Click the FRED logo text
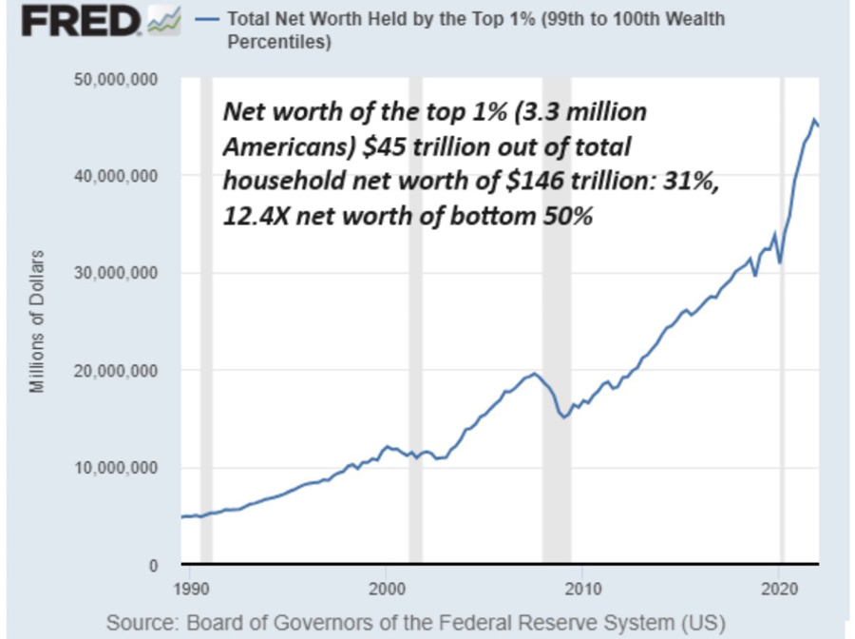[x=80, y=21]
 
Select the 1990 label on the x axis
[x=189, y=587]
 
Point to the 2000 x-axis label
[x=386, y=587]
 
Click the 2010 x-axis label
[x=582, y=587]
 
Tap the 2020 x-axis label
[x=779, y=587]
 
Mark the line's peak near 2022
[x=814, y=120]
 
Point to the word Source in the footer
[x=142, y=623]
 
